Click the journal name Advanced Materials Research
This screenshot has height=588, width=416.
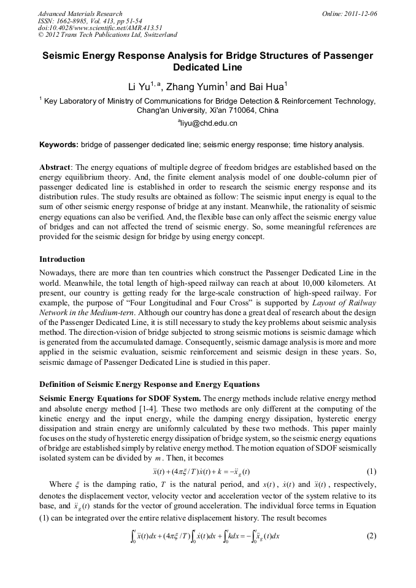coord(80,13)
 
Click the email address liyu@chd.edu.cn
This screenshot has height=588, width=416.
coord(209,123)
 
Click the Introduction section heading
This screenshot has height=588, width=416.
coord(62,259)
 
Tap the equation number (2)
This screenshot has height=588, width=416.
coord(371,535)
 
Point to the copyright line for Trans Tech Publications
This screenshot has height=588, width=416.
coord(107,35)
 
